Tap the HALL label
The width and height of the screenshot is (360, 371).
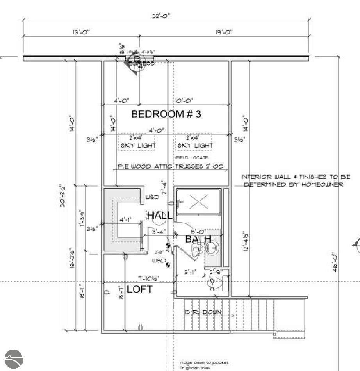(159, 215)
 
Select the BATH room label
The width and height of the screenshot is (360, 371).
(198, 239)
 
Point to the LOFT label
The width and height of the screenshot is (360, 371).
(140, 290)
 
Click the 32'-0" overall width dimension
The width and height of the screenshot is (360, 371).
(161, 16)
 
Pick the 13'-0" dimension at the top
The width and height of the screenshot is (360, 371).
(70, 32)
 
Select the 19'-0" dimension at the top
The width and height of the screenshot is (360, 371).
(224, 32)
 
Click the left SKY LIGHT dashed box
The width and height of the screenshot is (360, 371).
(137, 142)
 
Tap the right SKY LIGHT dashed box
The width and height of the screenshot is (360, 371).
(194, 142)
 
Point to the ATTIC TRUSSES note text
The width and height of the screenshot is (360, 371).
(170, 167)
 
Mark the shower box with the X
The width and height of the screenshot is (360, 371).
(199, 202)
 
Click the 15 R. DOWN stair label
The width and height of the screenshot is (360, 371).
(203, 312)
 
